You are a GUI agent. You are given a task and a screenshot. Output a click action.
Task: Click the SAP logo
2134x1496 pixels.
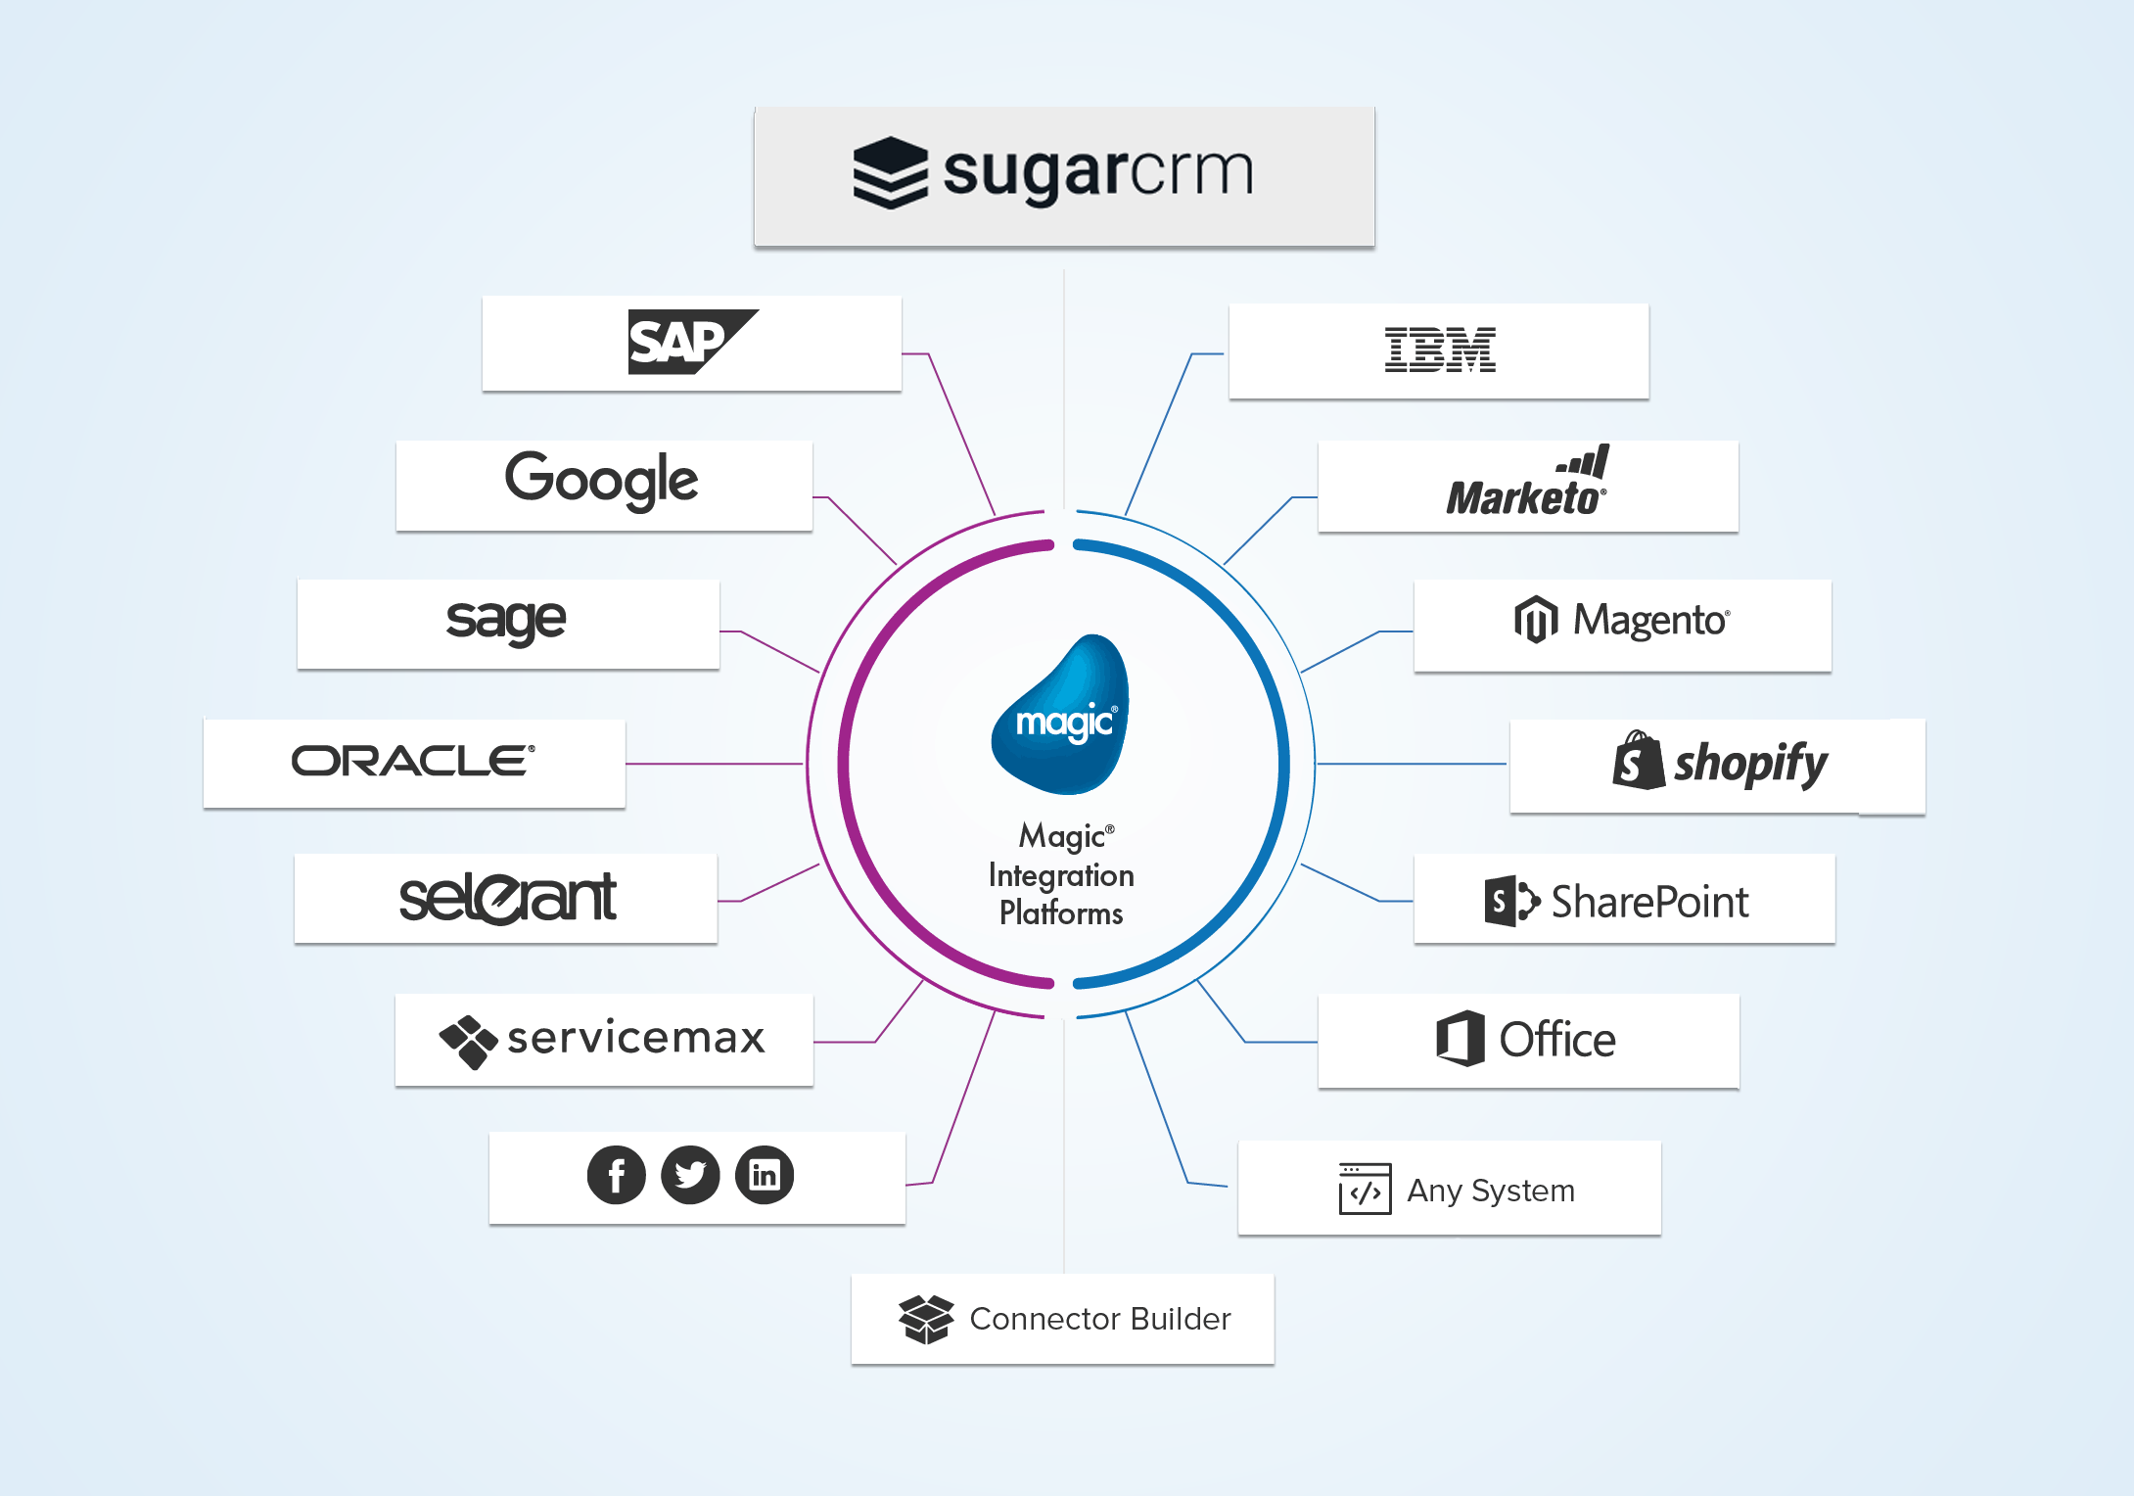coord(690,342)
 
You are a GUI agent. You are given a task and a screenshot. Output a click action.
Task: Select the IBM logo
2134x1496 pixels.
coord(1439,350)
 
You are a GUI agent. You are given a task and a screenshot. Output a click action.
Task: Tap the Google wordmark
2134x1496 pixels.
coord(602,480)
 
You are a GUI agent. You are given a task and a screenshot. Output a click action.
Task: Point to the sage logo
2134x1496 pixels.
coord(506,621)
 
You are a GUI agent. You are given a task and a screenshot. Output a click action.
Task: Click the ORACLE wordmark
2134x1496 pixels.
coord(413,761)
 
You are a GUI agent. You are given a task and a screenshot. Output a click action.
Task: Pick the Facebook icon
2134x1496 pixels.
coord(616,1175)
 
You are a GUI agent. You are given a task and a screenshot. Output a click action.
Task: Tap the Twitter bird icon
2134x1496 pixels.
coord(690,1175)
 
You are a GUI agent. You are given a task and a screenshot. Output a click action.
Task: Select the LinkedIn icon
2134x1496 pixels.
coord(765,1175)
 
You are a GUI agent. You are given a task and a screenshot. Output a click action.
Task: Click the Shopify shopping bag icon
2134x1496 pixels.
coord(1638,761)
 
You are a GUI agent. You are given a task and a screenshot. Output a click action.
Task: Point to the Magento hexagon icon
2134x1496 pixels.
coord(1536,620)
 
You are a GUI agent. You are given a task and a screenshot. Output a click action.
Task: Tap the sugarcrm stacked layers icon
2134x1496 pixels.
coord(890,172)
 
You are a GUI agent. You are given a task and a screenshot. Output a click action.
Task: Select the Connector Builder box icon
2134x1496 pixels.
coord(925,1319)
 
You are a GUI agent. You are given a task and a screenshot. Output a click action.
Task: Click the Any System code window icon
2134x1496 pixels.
coord(1365,1189)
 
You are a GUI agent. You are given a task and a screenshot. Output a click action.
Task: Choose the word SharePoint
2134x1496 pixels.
coord(1649,902)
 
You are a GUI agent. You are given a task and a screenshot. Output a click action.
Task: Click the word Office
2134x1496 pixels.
coord(1557,1040)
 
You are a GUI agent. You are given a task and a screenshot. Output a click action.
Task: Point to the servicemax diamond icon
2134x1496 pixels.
coord(468,1041)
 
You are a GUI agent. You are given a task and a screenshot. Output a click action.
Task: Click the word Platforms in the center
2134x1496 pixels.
coord(1061,913)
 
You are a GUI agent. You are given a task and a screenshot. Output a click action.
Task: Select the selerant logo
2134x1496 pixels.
coord(507,898)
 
